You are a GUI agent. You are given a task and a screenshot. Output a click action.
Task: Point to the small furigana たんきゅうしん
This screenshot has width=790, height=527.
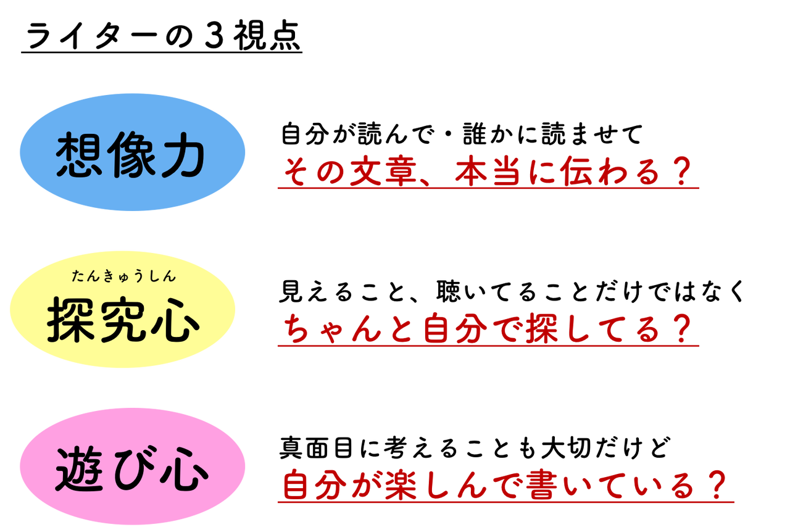pos(124,276)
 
